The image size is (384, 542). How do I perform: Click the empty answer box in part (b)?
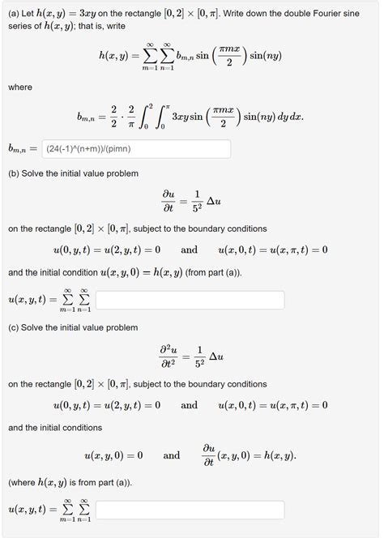pyautogui.click(x=190, y=301)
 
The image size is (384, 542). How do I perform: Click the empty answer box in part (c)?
pyautogui.click(x=190, y=510)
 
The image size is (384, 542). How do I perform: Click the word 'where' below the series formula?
pyautogui.click(x=20, y=87)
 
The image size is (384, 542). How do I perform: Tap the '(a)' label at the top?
pyautogui.click(x=14, y=14)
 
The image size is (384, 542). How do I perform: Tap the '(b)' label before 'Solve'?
pyautogui.click(x=14, y=173)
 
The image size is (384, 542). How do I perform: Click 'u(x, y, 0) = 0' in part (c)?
pyautogui.click(x=113, y=456)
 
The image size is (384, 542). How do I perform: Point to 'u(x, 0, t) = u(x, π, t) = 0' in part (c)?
pyautogui.click(x=273, y=405)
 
